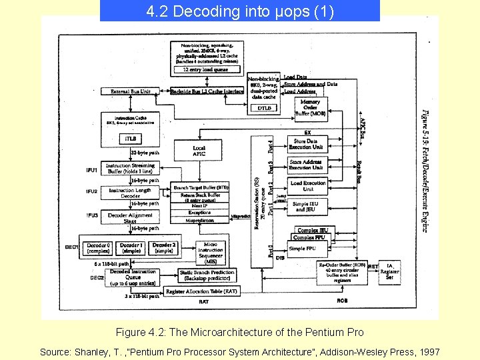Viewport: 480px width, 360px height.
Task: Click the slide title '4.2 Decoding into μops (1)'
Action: (x=239, y=11)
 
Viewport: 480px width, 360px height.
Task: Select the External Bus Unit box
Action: (x=130, y=91)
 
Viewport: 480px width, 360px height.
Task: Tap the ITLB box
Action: (x=131, y=139)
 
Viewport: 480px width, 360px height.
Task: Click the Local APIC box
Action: (x=199, y=151)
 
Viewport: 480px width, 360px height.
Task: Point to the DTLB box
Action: (x=264, y=107)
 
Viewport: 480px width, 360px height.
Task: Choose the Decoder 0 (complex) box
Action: (x=98, y=247)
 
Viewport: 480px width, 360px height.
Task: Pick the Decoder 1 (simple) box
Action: (x=131, y=247)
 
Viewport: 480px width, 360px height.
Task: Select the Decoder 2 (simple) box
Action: (x=163, y=247)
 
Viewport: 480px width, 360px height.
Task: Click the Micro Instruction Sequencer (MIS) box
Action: (x=211, y=252)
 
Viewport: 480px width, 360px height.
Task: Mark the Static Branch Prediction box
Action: (x=207, y=275)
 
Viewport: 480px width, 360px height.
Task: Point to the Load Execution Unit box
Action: (x=308, y=185)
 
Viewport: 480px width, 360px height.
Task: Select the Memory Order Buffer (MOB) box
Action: (x=310, y=107)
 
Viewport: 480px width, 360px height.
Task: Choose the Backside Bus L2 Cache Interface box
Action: (x=207, y=91)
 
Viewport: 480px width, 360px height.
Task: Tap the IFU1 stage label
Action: (x=91, y=170)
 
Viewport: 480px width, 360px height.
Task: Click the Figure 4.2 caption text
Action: (x=239, y=332)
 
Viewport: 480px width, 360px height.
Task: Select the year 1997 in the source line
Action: (x=427, y=351)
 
